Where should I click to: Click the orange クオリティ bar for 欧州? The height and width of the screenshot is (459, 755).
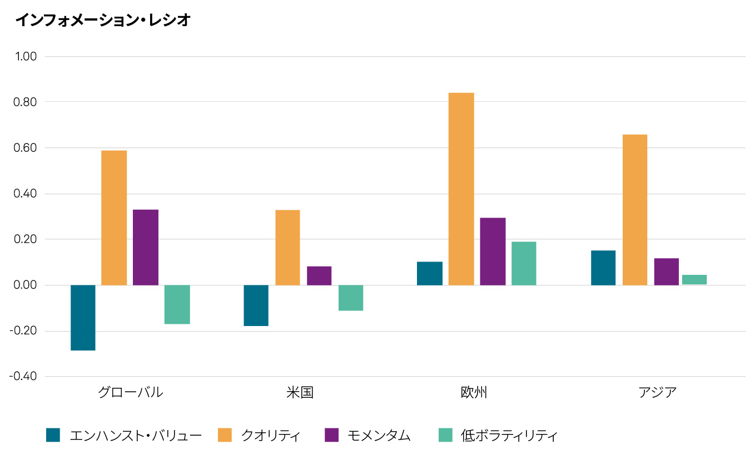click(x=461, y=189)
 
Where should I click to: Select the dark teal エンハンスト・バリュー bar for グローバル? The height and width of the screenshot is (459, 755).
click(x=83, y=318)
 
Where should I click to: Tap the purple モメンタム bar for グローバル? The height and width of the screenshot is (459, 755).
click(x=146, y=248)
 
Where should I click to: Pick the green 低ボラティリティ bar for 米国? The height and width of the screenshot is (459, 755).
click(x=351, y=298)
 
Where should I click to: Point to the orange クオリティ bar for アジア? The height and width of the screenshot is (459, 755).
click(x=635, y=210)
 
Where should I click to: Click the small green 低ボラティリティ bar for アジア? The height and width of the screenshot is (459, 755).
click(x=694, y=280)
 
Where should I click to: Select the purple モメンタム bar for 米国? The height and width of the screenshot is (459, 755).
click(x=319, y=276)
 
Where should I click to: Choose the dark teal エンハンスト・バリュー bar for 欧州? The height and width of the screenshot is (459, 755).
click(x=430, y=274)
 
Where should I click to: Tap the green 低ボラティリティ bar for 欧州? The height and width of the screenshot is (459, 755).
click(x=524, y=264)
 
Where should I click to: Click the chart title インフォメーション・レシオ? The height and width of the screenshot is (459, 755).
click(x=103, y=21)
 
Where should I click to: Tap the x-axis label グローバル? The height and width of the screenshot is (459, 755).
click(x=131, y=392)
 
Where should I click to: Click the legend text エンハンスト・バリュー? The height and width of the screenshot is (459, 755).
click(x=135, y=435)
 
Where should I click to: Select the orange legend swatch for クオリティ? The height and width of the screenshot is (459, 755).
click(x=225, y=435)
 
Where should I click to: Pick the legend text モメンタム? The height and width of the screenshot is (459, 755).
click(x=379, y=435)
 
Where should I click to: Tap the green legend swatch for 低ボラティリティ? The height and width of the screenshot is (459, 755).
click(x=446, y=435)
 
